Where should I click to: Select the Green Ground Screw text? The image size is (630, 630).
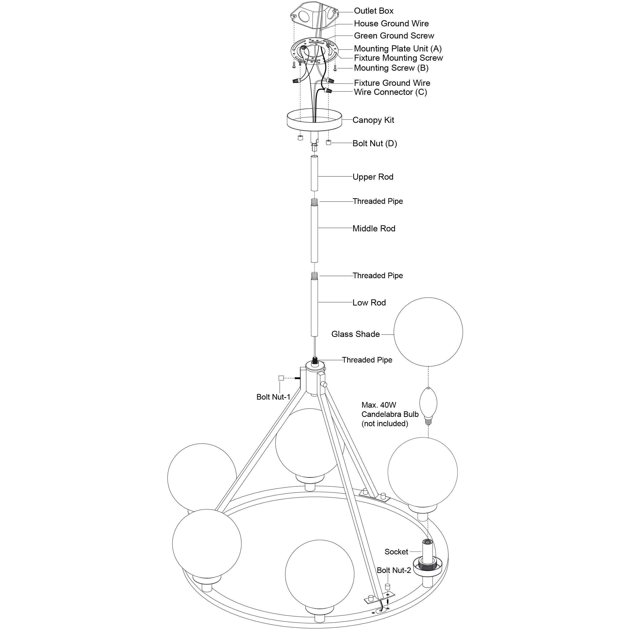click(x=394, y=36)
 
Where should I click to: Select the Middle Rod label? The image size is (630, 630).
click(x=374, y=229)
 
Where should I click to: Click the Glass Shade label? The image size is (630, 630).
click(x=355, y=334)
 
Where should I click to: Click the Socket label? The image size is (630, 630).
click(x=396, y=552)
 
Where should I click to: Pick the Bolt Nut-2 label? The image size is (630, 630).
click(x=394, y=570)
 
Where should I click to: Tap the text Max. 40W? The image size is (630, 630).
click(x=379, y=405)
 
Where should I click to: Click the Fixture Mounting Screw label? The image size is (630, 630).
click(x=398, y=58)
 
